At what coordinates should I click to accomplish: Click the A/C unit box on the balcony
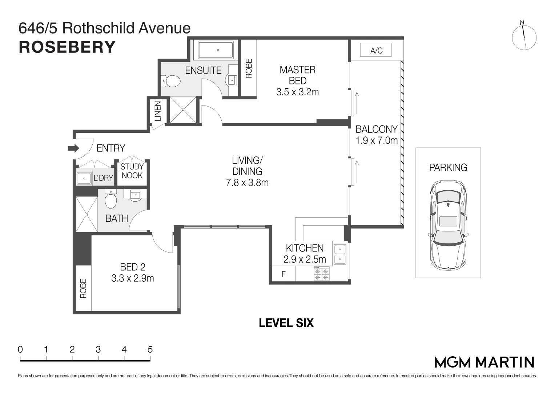[376, 50]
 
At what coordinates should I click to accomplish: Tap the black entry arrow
[73, 148]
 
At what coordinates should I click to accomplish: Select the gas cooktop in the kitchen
[322, 274]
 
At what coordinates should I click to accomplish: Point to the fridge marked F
[283, 274]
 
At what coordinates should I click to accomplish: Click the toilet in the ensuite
[170, 81]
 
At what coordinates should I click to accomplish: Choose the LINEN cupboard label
[158, 111]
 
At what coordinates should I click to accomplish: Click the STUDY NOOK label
[132, 171]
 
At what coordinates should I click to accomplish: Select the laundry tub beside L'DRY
[84, 178]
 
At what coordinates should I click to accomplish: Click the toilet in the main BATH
[111, 199]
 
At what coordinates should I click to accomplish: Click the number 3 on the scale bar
[98, 349]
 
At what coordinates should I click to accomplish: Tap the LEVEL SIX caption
[286, 323]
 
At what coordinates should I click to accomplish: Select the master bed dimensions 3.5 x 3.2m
[297, 92]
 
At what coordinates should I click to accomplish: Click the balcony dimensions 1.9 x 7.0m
[377, 141]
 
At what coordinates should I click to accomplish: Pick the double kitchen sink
[340, 254]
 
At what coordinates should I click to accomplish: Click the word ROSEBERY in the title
[67, 47]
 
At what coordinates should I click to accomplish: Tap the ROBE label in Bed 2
[83, 288]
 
